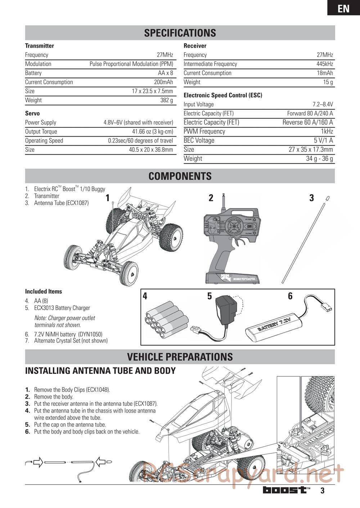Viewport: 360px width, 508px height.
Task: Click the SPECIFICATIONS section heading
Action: pyautogui.click(x=180, y=33)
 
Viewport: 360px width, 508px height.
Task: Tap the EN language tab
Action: pyautogui.click(x=343, y=8)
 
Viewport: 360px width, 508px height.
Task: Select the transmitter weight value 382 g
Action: pyautogui.click(x=166, y=100)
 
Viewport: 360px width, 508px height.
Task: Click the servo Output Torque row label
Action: pyautogui.click(x=41, y=132)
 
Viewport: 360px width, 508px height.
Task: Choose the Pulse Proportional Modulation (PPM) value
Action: pyautogui.click(x=131, y=64)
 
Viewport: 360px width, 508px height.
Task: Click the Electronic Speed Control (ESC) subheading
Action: pyautogui.click(x=223, y=95)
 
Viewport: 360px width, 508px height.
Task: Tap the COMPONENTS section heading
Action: pyautogui.click(x=180, y=176)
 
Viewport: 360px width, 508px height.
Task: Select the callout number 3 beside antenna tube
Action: pyautogui.click(x=311, y=198)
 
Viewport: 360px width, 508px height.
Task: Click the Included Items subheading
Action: pyautogui.click(x=44, y=292)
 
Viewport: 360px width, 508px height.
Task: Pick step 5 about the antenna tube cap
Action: pyautogui.click(x=70, y=425)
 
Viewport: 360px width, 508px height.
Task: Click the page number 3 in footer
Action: pyautogui.click(x=322, y=490)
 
